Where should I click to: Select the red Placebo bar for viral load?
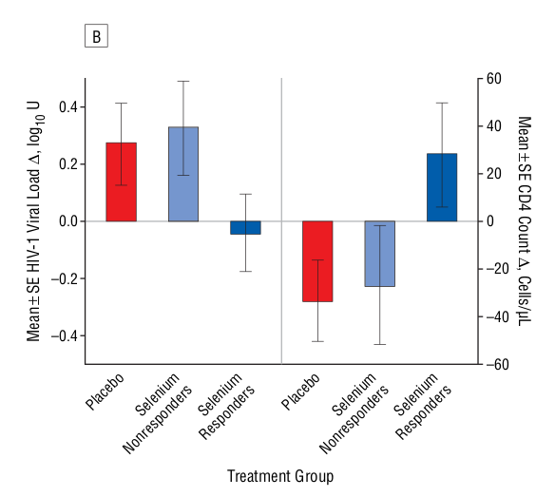[x=121, y=182]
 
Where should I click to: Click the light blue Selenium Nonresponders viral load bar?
[x=182, y=174]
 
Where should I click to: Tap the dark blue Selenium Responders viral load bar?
[x=245, y=227]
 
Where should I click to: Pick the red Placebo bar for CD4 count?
[x=317, y=261]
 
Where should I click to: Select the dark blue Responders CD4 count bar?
[x=442, y=187]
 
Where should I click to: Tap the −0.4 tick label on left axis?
[x=64, y=335]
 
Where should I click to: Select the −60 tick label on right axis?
[x=499, y=364]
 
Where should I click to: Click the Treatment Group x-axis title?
[x=280, y=474]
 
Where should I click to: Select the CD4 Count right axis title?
[x=523, y=221]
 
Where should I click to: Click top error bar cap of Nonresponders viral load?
[x=182, y=82]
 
